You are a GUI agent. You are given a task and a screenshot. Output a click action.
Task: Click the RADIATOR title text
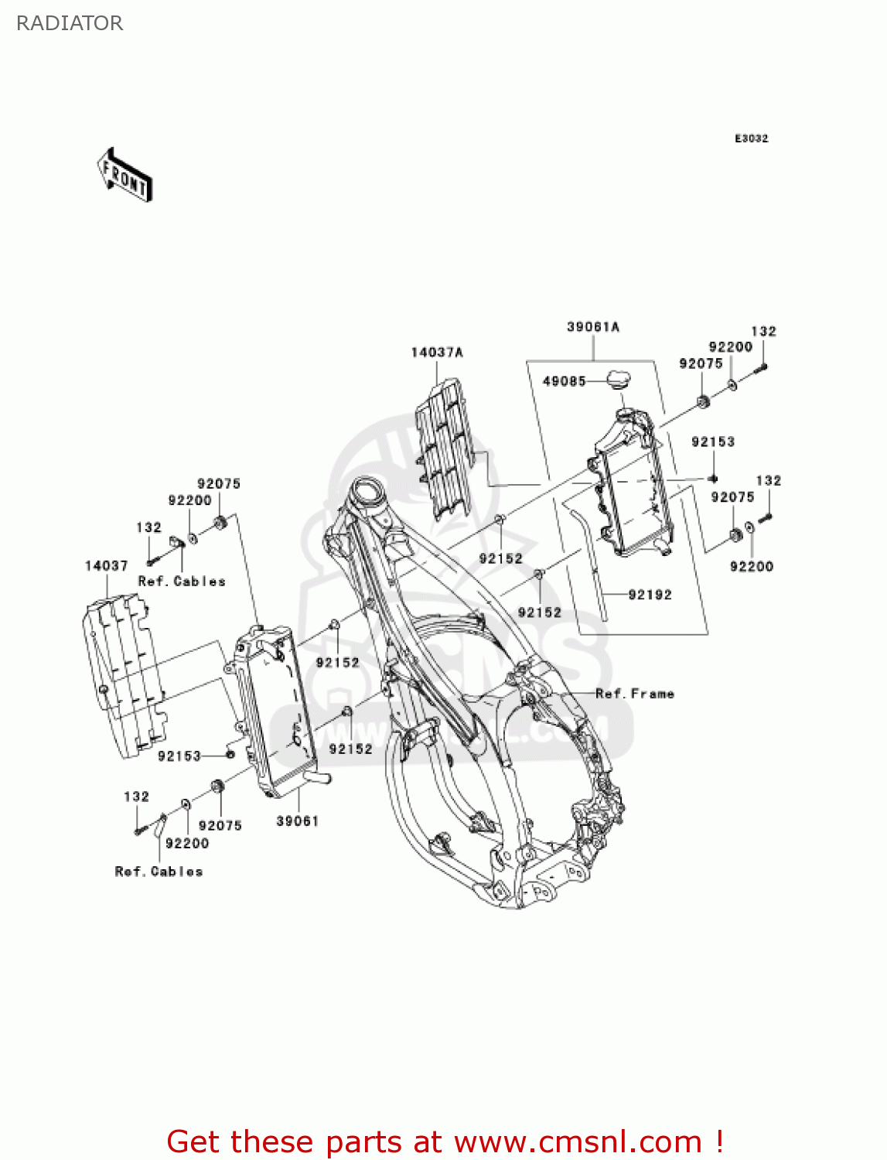click(70, 23)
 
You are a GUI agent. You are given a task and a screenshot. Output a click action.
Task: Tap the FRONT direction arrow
click(125, 176)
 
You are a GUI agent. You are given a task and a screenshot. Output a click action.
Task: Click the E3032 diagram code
click(751, 138)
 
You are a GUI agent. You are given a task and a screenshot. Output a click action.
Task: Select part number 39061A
click(593, 327)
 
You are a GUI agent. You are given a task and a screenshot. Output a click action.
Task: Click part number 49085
click(564, 381)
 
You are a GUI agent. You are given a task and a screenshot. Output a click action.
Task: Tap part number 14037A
click(437, 353)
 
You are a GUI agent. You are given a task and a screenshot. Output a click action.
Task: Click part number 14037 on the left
click(106, 566)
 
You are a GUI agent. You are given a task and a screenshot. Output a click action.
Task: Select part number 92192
click(650, 595)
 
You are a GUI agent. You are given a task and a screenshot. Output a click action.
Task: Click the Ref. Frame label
click(635, 694)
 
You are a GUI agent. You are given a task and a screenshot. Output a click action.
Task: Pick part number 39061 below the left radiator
click(298, 821)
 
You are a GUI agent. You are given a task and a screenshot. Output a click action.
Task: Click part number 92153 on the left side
click(179, 756)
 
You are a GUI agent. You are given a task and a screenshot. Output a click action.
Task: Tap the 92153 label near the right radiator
click(712, 442)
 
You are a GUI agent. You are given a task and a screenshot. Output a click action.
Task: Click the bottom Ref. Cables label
click(159, 872)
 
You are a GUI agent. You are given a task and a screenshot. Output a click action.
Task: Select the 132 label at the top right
click(763, 331)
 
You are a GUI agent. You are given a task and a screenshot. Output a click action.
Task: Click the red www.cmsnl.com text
click(577, 1141)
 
